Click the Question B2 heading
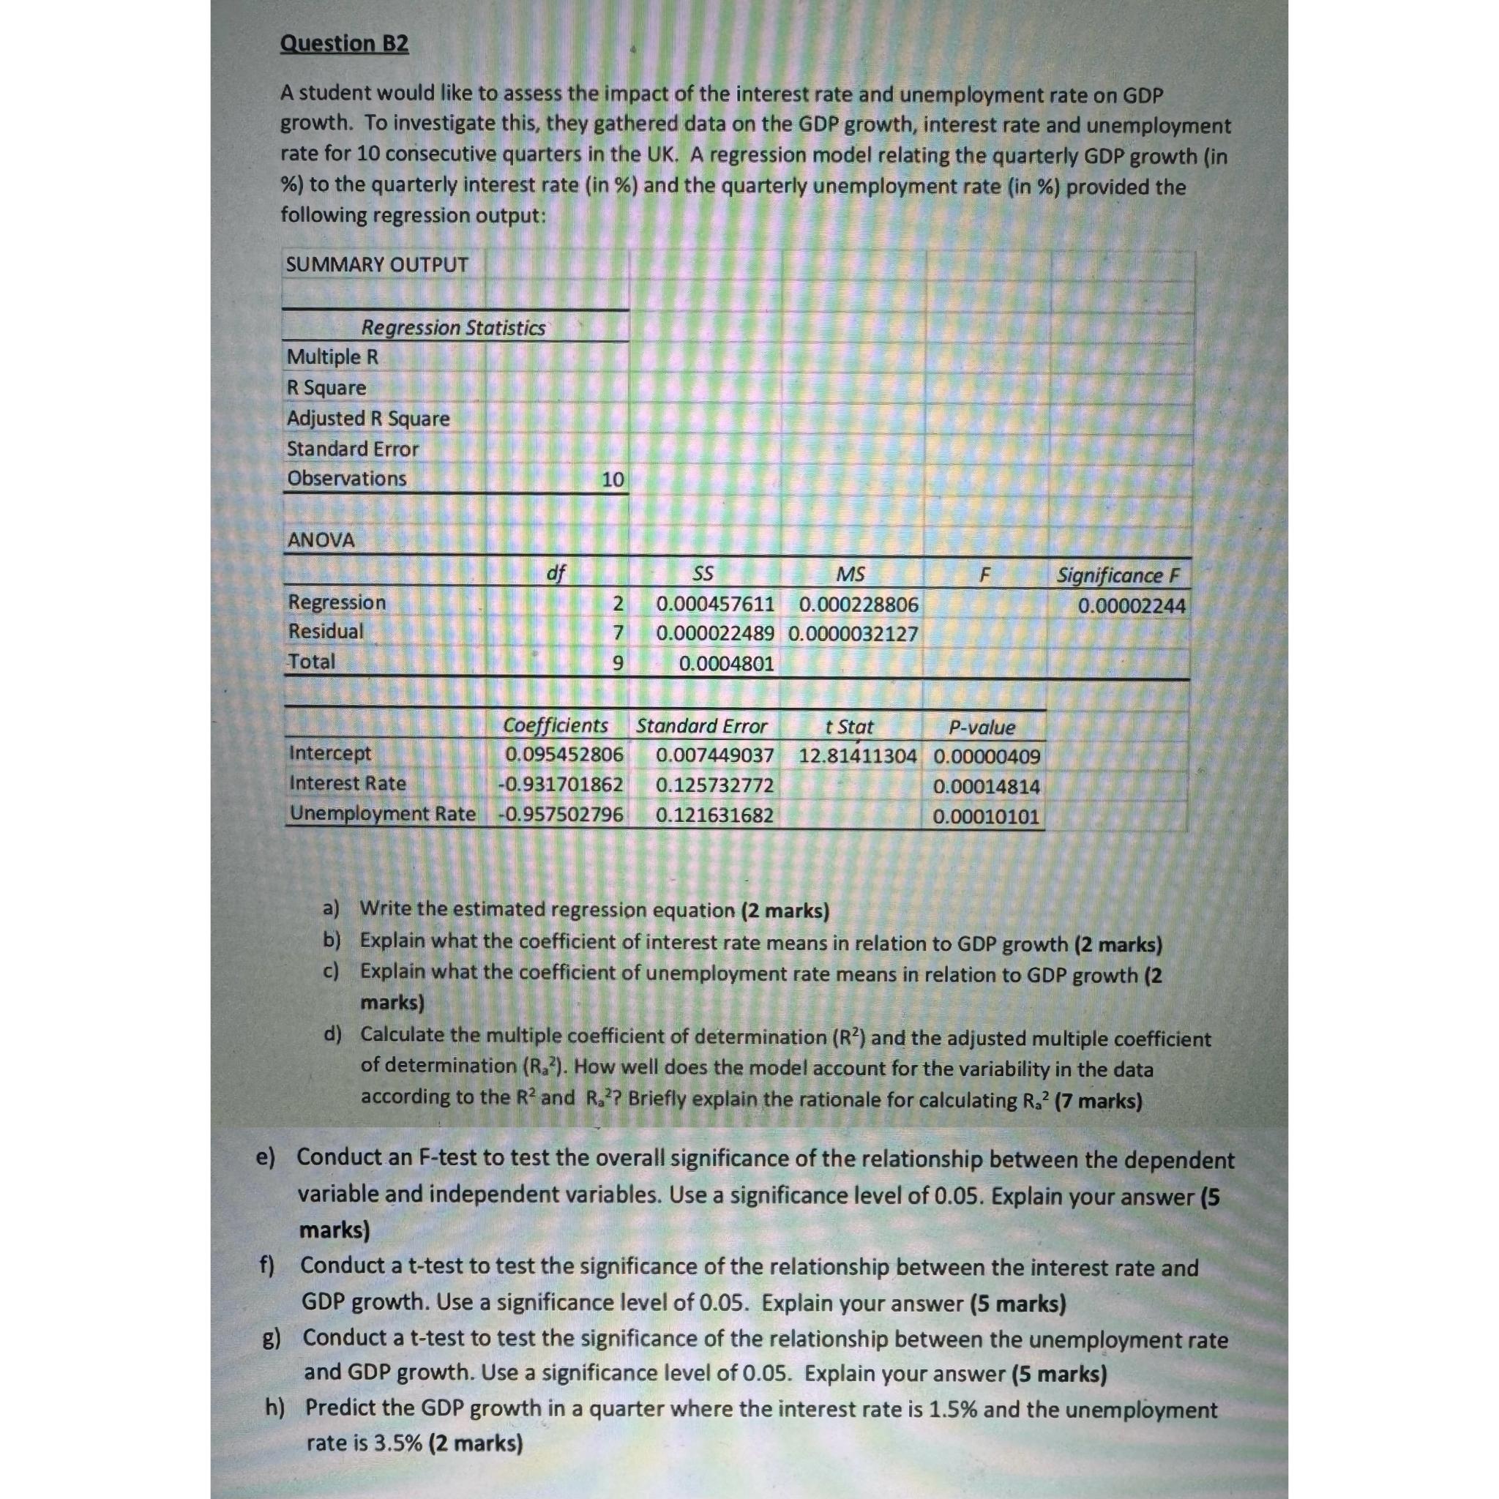coord(344,43)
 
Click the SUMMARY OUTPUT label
coord(376,264)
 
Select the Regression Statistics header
coord(453,327)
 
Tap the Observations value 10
coord(612,479)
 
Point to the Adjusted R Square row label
coord(367,418)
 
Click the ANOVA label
coord(321,540)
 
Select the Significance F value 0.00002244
coord(1132,605)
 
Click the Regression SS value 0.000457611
coord(714,604)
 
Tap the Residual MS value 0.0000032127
coord(853,634)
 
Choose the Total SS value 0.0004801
coord(725,663)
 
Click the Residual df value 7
coord(618,633)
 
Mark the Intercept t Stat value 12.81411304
coord(857,755)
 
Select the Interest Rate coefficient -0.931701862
coord(560,785)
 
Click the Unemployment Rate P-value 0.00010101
coord(985,816)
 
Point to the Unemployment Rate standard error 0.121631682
coord(714,815)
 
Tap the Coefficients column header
coord(555,725)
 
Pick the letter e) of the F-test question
coord(267,1159)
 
